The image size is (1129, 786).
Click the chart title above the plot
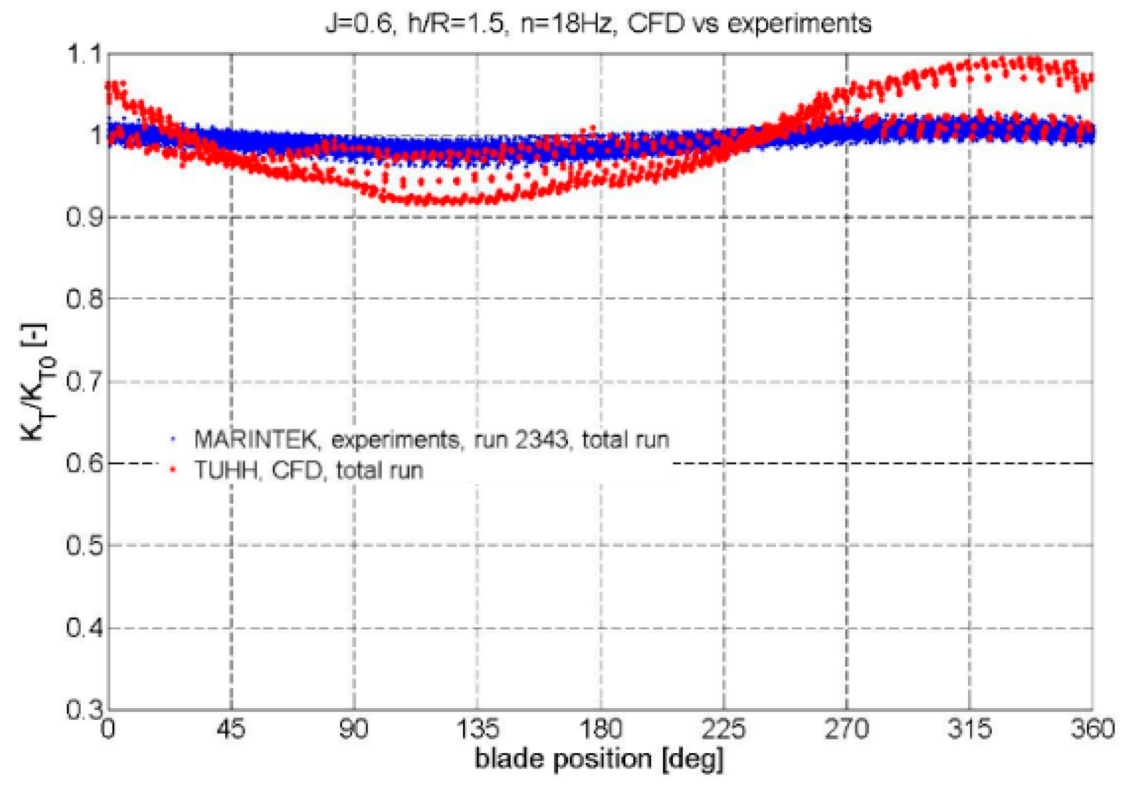(x=598, y=23)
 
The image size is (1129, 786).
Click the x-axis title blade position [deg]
(x=599, y=758)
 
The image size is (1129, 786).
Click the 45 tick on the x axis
(x=231, y=729)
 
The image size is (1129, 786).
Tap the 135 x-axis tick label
(x=477, y=729)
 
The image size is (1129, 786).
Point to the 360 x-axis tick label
(x=1092, y=729)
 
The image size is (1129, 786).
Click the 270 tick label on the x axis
(x=846, y=729)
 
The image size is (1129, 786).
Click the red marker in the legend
(x=173, y=470)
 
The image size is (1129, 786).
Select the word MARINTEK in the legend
(x=256, y=439)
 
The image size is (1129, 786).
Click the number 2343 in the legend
(x=542, y=439)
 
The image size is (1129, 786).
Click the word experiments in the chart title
(x=799, y=23)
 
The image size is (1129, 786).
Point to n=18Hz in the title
(x=565, y=23)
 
